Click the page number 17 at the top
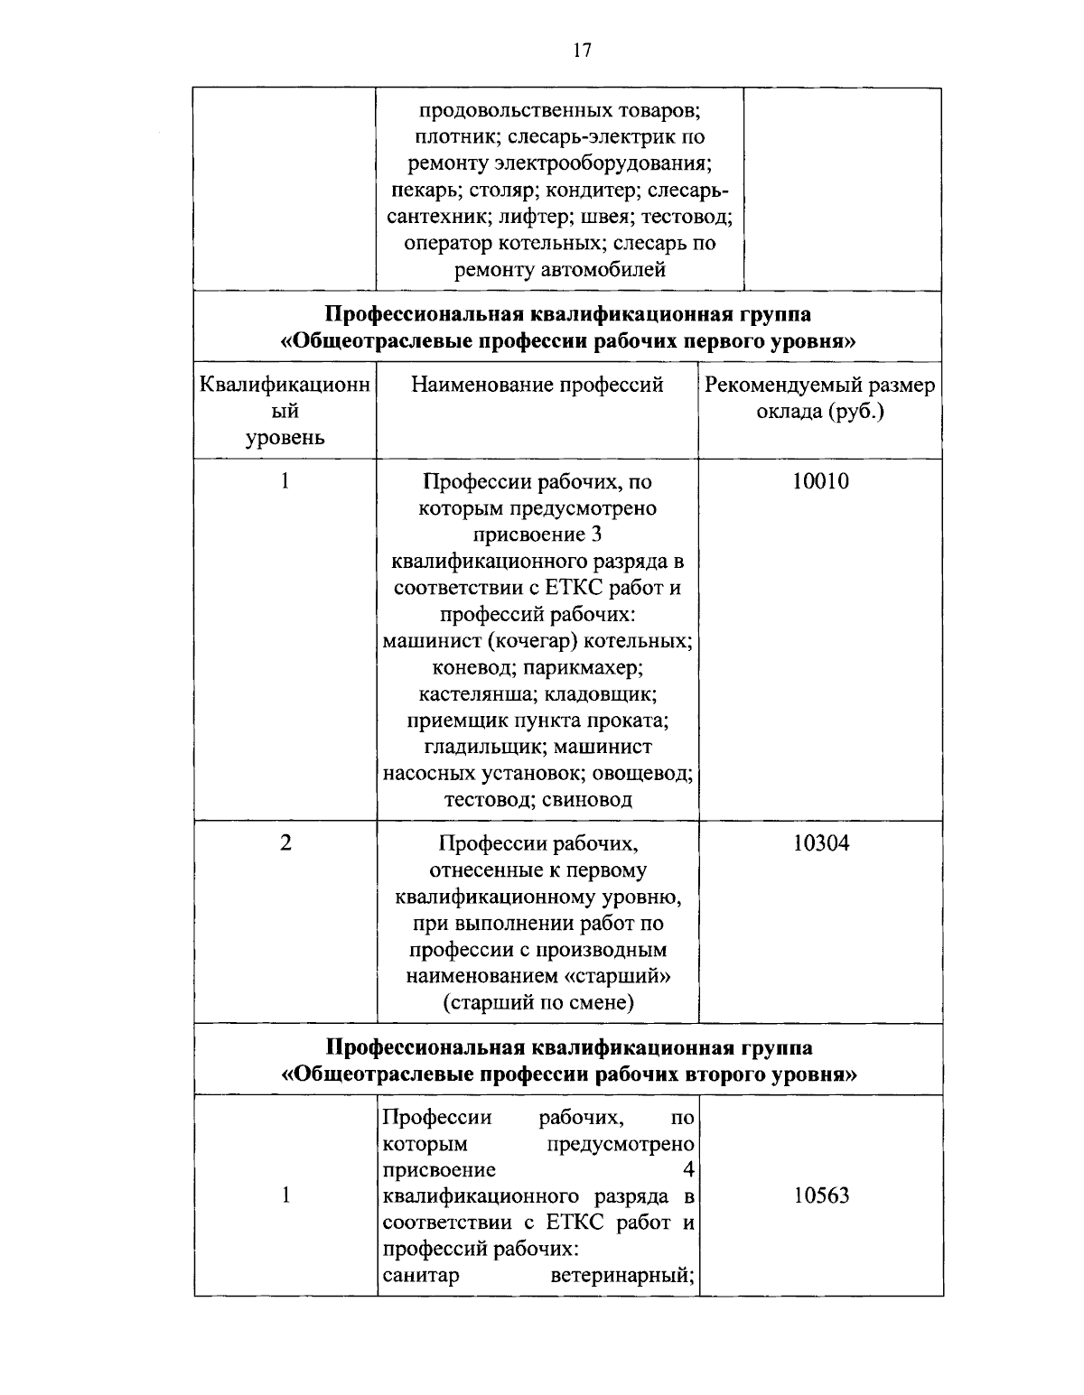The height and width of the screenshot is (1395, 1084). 582,51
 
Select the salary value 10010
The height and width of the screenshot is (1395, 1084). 820,481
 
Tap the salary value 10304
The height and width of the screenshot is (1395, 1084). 820,843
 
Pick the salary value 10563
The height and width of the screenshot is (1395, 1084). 821,1195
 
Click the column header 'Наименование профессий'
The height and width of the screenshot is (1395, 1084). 537,386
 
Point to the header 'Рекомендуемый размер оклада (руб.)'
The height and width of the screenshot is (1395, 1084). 819,398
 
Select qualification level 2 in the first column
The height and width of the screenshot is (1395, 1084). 285,843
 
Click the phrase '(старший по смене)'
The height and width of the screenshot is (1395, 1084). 538,1002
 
